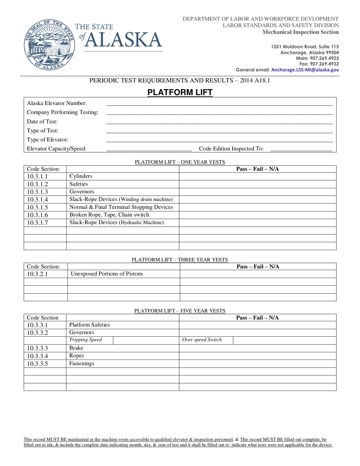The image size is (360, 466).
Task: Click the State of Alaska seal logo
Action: (47, 44)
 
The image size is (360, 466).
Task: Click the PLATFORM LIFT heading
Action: (180, 92)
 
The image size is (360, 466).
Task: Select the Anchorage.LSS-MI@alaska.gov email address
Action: (305, 70)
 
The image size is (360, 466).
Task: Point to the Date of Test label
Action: (42, 121)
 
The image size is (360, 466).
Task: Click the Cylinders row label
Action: (81, 176)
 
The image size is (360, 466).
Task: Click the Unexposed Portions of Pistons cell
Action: (107, 274)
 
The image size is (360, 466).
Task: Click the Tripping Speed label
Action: (85, 340)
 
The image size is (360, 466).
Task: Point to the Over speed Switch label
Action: (202, 340)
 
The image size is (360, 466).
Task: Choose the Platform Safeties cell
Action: (89, 325)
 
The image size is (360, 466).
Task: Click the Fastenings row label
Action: (81, 363)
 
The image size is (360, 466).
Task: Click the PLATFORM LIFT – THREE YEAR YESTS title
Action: (180, 260)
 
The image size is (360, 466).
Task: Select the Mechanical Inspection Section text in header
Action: (301, 32)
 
